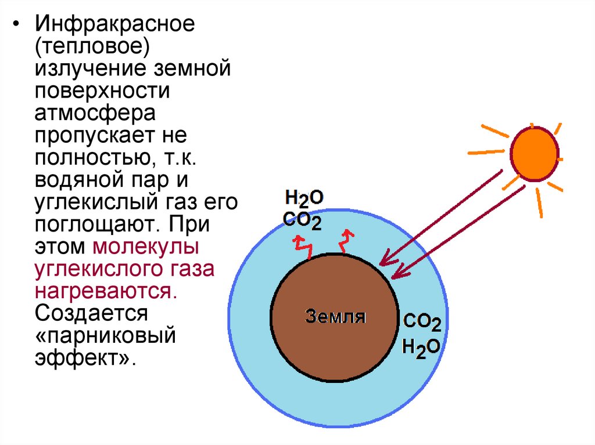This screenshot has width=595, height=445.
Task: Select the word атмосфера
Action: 94,114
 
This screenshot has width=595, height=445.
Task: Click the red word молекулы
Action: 146,245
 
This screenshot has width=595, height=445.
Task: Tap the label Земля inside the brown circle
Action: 335,317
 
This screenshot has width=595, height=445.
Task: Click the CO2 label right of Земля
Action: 422,323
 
